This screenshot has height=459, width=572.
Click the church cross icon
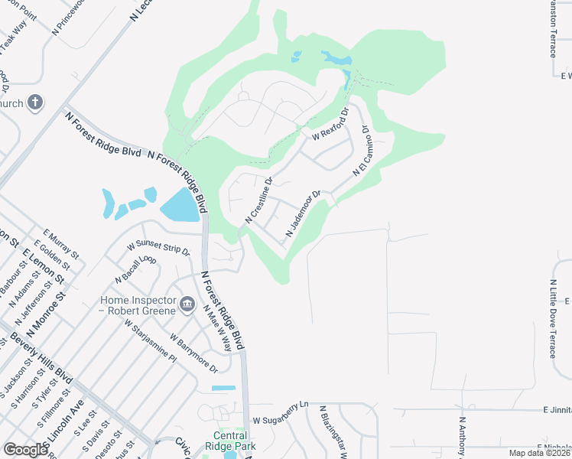[x=35, y=102]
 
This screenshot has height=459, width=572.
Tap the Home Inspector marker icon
[x=187, y=307]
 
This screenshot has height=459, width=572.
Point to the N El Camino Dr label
[x=361, y=152]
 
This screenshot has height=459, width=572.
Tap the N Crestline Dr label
[x=259, y=201]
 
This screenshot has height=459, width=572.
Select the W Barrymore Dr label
[x=193, y=353]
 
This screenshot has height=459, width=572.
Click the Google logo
[x=25, y=450]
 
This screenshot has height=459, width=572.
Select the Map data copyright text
[x=537, y=453]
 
